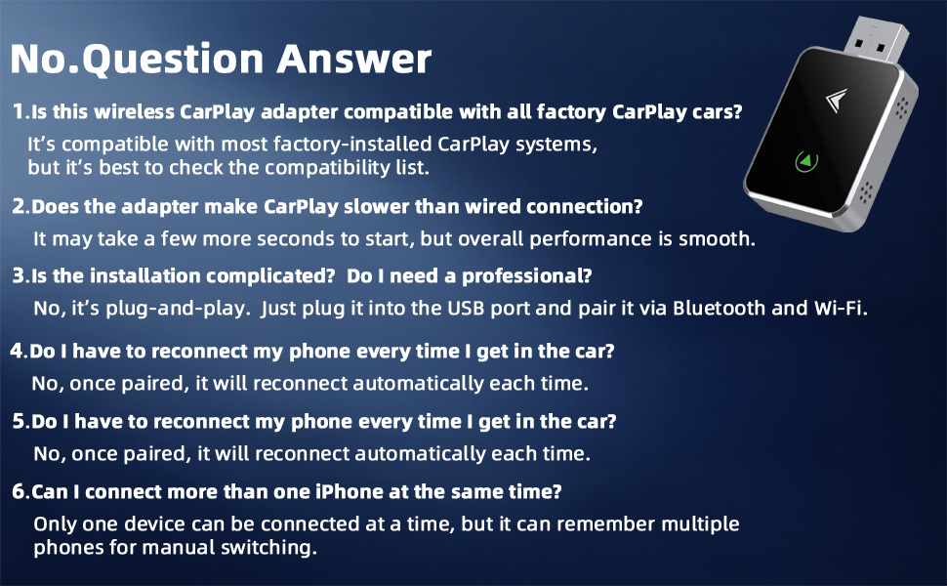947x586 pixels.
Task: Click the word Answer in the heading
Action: pos(354,59)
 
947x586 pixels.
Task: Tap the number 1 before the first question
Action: pos(20,111)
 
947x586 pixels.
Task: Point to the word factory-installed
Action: pos(352,144)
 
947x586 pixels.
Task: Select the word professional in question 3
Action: pos(526,276)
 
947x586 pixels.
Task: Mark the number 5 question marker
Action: pos(20,421)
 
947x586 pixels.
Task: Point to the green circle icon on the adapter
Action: pos(806,161)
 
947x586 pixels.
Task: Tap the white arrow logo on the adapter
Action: pos(837,100)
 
